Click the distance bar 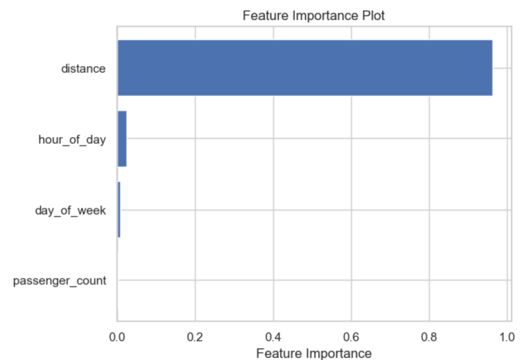click(x=304, y=68)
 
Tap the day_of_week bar click(x=119, y=210)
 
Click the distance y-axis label click(x=83, y=69)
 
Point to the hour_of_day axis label click(x=72, y=140)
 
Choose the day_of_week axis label click(x=71, y=210)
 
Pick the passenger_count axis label click(x=60, y=281)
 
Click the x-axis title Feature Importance click(x=313, y=353)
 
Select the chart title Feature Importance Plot click(x=314, y=15)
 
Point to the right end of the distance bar click(x=491, y=68)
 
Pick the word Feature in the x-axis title click(x=277, y=353)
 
